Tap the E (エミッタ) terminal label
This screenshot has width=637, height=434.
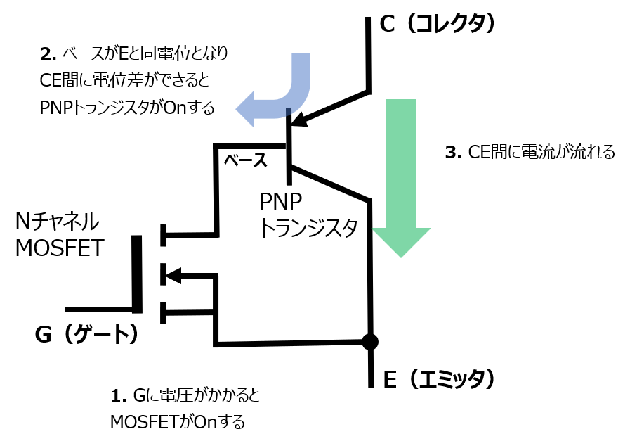click(440, 380)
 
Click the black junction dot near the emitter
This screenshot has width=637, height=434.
click(369, 343)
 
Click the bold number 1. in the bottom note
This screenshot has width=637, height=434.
click(119, 396)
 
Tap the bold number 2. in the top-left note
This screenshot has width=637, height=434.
click(48, 53)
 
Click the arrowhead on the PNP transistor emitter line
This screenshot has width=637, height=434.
click(298, 119)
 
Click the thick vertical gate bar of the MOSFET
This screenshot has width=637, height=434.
click(138, 274)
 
